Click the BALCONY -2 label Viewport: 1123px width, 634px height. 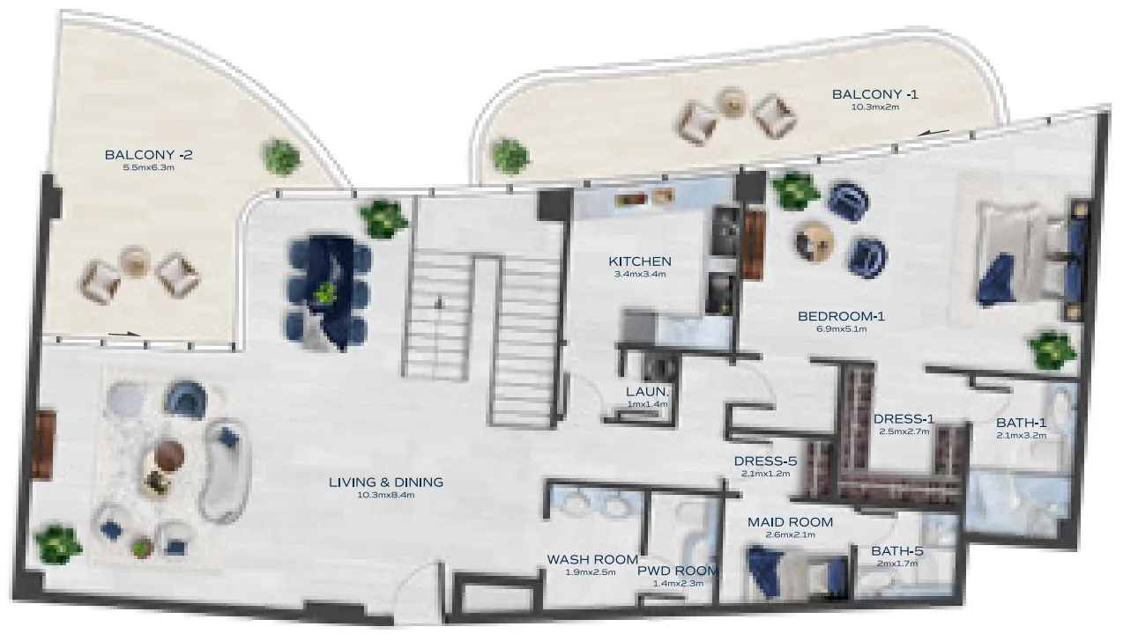148,155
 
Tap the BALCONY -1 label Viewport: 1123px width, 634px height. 874,94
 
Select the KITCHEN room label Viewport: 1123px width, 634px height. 640,262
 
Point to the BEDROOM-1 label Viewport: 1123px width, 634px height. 841,317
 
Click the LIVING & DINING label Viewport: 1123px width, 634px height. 385,483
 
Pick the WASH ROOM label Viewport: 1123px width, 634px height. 592,559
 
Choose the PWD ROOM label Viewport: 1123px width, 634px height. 678,571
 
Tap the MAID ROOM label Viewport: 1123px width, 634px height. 790,522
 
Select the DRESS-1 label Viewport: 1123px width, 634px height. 904,419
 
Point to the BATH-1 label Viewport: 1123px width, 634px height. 1021,423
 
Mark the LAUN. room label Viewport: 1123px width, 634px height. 648,391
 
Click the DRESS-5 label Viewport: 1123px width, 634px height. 765,461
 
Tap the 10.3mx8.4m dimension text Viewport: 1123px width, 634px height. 385,495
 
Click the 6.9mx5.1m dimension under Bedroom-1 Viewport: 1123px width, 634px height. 841,329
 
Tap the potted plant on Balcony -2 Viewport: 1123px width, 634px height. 282,156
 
